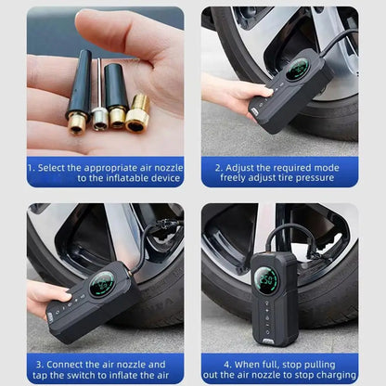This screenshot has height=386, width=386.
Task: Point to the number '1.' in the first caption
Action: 32,167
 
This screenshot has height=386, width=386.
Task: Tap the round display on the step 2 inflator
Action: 298,70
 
